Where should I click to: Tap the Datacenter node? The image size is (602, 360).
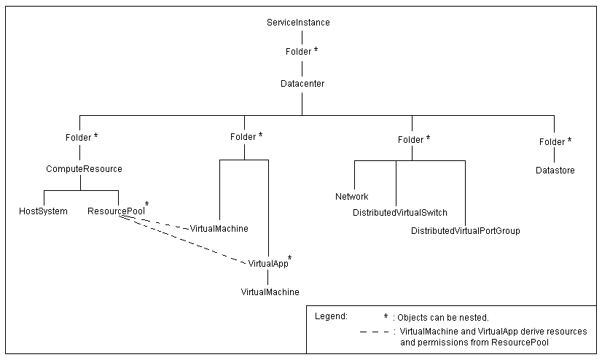tap(302, 84)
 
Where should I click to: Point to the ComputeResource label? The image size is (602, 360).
tap(84, 169)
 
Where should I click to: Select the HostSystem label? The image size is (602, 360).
tap(43, 211)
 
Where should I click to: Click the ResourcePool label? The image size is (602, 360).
tap(114, 211)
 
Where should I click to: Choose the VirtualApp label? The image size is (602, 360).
tap(267, 262)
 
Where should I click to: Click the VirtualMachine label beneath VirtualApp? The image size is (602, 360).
tap(270, 291)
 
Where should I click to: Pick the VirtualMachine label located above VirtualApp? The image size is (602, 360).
tap(219, 229)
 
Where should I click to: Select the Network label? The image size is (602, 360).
tap(351, 197)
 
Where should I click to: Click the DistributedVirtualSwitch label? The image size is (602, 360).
tap(399, 213)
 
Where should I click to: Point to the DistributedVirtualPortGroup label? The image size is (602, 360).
tap(465, 230)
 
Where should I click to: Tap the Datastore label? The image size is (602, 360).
tap(555, 171)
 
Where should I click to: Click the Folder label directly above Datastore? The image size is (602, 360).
tap(552, 141)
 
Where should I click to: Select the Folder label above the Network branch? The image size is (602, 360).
tap(411, 138)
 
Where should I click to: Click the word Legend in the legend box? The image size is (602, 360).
tap(331, 316)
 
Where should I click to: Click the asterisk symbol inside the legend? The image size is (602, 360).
tap(386, 317)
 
